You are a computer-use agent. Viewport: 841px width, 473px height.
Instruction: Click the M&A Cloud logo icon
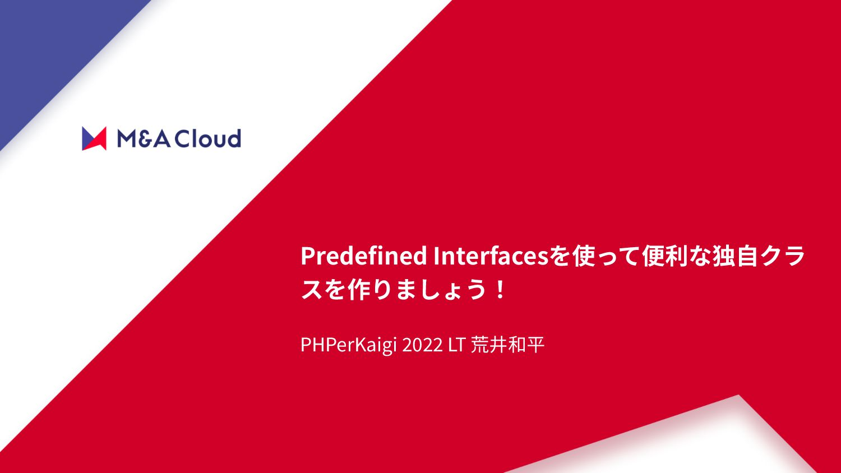click(94, 138)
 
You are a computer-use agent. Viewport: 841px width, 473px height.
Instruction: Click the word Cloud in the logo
click(207, 138)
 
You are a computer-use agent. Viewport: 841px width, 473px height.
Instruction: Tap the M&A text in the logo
click(144, 138)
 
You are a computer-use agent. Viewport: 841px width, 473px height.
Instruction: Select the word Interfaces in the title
click(491, 256)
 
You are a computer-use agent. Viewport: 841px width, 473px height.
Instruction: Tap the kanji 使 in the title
click(584, 256)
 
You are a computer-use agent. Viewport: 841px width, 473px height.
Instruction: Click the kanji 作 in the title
click(359, 290)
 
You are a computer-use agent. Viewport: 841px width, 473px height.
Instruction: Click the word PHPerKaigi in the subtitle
click(348, 345)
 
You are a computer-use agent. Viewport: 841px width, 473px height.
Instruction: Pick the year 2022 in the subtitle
click(422, 345)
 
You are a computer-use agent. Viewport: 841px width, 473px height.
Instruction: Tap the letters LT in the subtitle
click(457, 345)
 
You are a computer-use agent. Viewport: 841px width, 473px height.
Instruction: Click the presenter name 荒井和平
click(507, 345)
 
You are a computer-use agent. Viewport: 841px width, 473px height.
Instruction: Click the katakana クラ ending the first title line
click(783, 256)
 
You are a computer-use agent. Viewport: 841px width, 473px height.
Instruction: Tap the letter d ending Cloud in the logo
click(234, 138)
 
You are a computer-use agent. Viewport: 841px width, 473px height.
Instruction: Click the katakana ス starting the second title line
click(312, 290)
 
